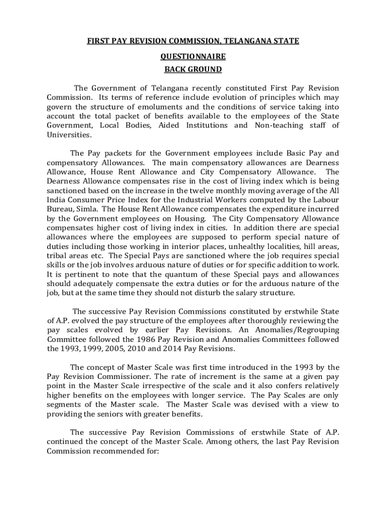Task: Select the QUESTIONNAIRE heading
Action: (x=193, y=57)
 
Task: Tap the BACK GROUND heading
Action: (x=193, y=69)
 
